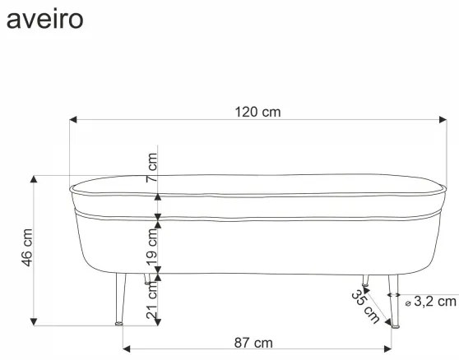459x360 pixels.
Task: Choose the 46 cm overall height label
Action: [26, 247]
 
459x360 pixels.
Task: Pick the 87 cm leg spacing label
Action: [253, 343]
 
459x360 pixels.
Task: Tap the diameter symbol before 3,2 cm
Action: [408, 303]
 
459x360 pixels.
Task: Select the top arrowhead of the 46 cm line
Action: [33, 178]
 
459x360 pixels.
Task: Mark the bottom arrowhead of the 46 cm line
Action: [33, 321]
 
